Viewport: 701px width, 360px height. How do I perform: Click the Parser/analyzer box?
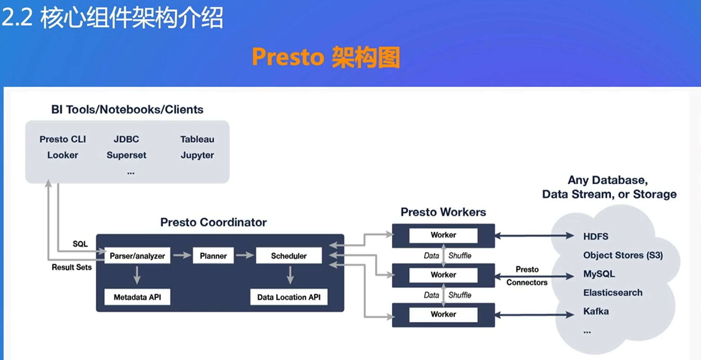click(x=137, y=256)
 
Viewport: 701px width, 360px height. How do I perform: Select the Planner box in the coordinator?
click(x=213, y=256)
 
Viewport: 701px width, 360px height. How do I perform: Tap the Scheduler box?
click(x=289, y=256)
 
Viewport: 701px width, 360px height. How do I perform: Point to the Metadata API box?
click(x=137, y=297)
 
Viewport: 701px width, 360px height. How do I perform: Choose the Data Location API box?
click(x=289, y=297)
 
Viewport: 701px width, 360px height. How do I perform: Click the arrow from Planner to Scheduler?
click(x=245, y=255)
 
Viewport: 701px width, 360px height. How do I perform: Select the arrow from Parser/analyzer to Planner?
click(x=182, y=255)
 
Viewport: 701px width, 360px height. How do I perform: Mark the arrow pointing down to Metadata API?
click(x=137, y=275)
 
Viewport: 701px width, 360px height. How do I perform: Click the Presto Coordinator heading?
click(x=213, y=222)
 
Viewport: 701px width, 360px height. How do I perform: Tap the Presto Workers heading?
click(x=443, y=212)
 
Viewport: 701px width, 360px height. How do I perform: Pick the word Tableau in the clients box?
click(x=197, y=139)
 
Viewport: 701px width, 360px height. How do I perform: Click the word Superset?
click(x=126, y=155)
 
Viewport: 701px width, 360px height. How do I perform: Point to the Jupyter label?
click(x=197, y=155)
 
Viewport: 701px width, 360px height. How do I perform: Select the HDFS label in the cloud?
click(x=596, y=236)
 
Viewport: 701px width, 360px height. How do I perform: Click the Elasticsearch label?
click(x=613, y=292)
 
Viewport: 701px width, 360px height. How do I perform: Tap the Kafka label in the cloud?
click(x=596, y=311)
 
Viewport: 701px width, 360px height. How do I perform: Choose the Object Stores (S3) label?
click(x=623, y=255)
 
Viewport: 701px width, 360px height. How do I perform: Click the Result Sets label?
click(x=72, y=267)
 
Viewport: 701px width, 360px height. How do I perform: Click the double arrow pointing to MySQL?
click(x=534, y=276)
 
